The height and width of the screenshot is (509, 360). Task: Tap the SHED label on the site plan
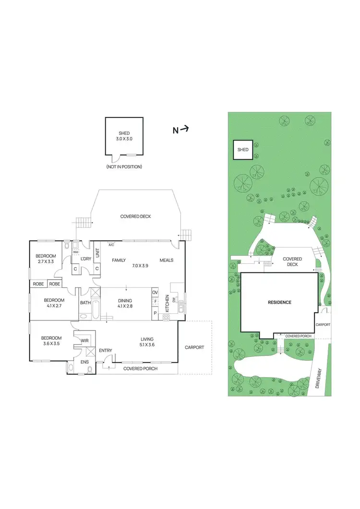[x=243, y=150]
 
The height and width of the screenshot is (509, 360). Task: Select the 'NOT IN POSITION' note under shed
[x=124, y=167]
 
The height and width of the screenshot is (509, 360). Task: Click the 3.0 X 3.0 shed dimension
[x=124, y=139]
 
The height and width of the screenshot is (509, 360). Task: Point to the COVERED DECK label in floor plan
[x=135, y=216]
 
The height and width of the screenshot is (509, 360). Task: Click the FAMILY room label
[x=119, y=260]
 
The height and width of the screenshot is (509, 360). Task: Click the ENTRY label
[x=105, y=351]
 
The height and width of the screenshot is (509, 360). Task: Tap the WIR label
[x=85, y=341]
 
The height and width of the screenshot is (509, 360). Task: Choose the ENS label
[x=84, y=362]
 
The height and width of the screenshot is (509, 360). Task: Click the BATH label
[x=85, y=303]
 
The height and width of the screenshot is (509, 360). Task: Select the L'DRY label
[x=86, y=259]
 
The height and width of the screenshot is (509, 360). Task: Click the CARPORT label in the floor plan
[x=194, y=347]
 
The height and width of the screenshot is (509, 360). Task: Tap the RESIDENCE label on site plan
[x=279, y=302]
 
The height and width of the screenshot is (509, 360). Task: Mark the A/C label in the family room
[x=111, y=244]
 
